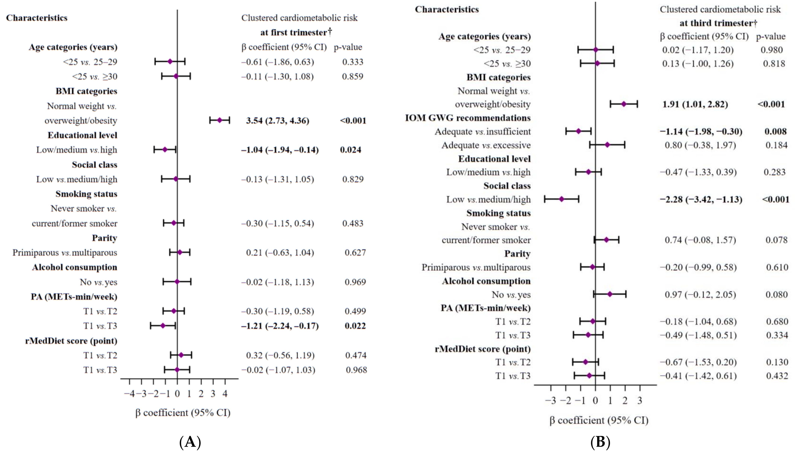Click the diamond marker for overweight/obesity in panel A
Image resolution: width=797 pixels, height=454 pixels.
(219, 120)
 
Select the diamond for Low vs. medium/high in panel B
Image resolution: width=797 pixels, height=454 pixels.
(562, 199)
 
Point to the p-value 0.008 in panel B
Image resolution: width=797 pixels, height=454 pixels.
(775, 131)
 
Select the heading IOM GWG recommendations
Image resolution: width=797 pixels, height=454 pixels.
(468, 118)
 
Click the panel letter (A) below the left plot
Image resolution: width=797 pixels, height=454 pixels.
(190, 442)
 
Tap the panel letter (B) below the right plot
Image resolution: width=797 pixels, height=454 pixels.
(600, 442)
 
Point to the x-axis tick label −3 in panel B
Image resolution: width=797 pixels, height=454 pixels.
(550, 400)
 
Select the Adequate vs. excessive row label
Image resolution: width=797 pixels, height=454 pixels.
(486, 145)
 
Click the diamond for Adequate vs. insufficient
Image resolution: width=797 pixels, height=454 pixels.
(579, 131)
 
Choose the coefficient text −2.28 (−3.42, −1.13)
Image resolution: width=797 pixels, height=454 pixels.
(701, 199)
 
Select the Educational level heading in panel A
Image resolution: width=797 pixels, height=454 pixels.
(82, 135)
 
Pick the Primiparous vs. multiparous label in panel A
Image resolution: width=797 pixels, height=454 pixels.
(65, 253)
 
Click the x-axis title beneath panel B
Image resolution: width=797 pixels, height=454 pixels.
(599, 420)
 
